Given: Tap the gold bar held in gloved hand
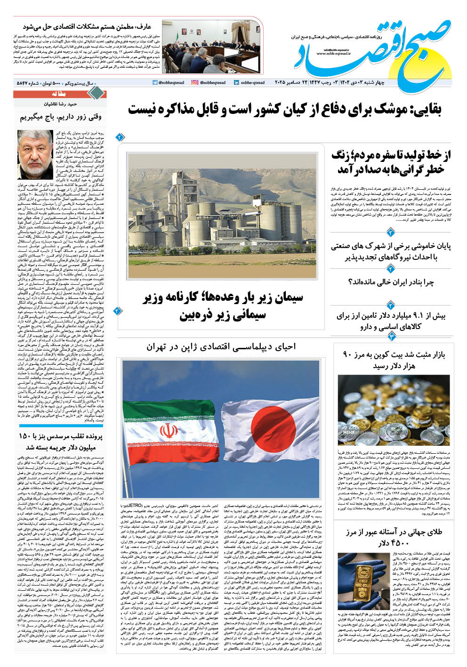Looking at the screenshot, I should click(362, 583).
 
